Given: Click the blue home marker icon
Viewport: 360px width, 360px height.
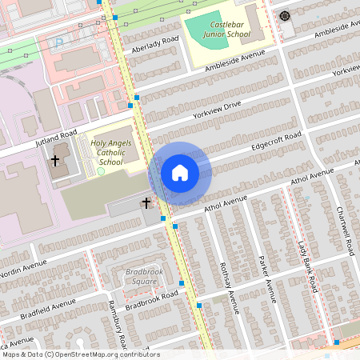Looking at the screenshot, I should point(180,172).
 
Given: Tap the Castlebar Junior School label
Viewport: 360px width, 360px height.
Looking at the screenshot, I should point(218,30).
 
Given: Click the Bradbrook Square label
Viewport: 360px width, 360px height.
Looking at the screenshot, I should point(142,277).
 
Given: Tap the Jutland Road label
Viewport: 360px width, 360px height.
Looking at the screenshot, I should point(55,138).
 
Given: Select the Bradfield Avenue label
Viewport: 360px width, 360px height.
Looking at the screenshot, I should point(49,308).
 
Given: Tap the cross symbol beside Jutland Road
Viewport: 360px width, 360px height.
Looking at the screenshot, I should point(55,161).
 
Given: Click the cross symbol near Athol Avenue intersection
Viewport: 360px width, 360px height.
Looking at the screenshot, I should point(146,203).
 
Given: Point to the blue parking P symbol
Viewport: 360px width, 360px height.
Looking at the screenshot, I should point(58,43).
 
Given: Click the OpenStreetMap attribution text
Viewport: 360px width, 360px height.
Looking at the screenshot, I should point(80,354).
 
